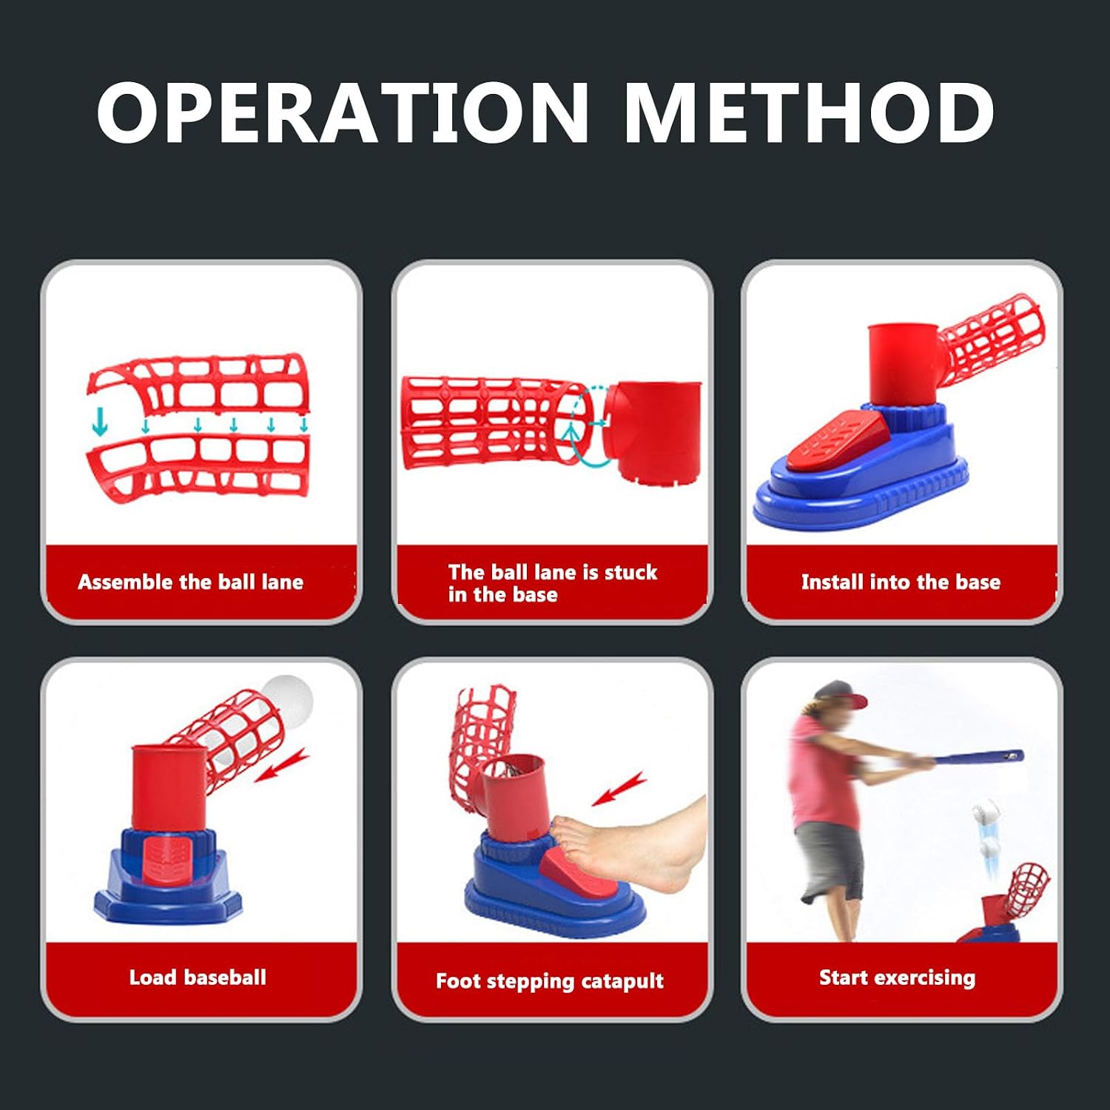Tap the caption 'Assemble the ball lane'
pyautogui.click(x=190, y=582)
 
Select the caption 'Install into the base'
pyautogui.click(x=901, y=582)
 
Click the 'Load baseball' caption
pyautogui.click(x=198, y=977)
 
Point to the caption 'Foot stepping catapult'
pyautogui.click(x=549, y=981)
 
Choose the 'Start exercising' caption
pyautogui.click(x=897, y=978)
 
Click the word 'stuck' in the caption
pyautogui.click(x=630, y=572)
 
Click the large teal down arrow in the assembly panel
pyautogui.click(x=99, y=422)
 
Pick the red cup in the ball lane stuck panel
pyautogui.click(x=651, y=429)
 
